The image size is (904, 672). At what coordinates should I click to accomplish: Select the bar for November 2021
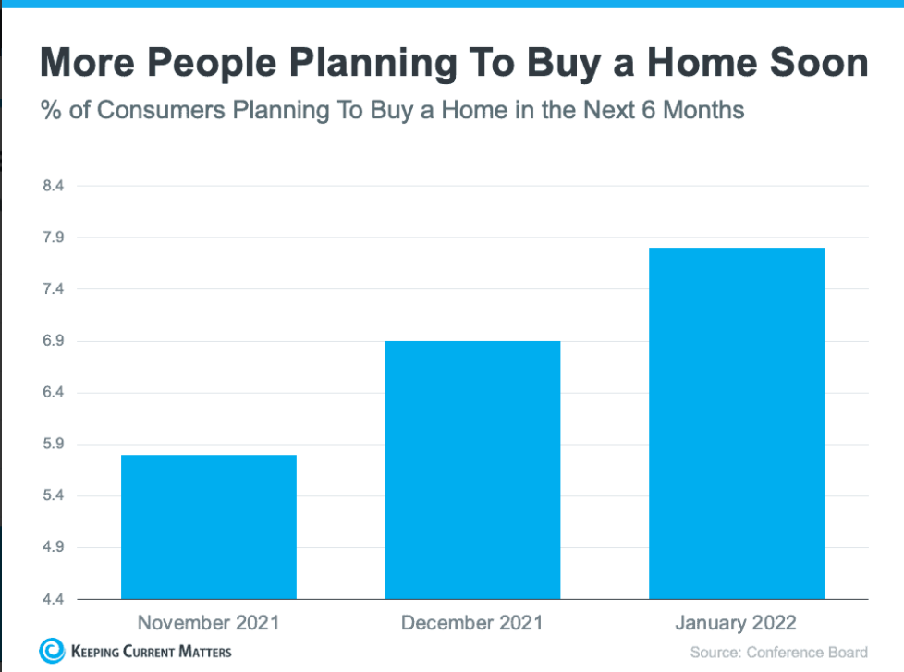point(208,527)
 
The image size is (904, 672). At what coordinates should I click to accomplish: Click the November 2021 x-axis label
point(208,622)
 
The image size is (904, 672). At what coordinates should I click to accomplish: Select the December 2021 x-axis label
point(472,622)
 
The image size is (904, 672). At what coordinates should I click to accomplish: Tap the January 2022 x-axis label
point(736,622)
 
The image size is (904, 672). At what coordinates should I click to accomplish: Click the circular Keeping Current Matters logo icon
point(52,651)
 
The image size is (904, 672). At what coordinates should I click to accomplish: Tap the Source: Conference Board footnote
point(779,653)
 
